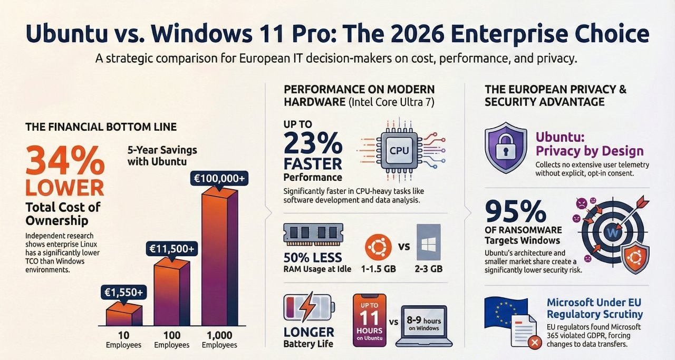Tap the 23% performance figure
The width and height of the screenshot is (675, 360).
[x=312, y=143]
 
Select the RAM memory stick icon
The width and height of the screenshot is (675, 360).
[x=313, y=234]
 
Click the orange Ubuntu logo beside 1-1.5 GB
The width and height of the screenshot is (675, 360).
[x=378, y=247]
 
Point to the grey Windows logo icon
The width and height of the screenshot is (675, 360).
[x=428, y=244]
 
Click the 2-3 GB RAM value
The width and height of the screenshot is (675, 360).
[x=428, y=269]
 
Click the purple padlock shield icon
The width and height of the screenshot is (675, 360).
[x=505, y=149]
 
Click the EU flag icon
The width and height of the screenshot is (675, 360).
[x=505, y=310]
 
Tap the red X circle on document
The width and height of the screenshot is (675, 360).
[x=534, y=343]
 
